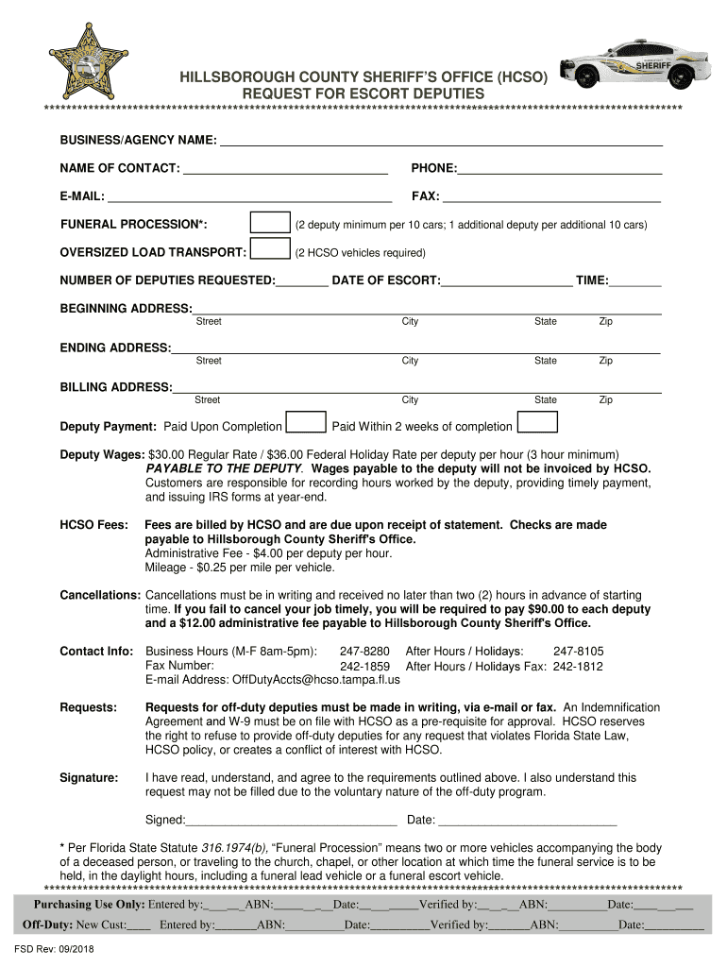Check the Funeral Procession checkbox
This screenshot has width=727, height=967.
270,223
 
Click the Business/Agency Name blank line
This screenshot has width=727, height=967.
440,144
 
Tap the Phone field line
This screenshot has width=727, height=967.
559,171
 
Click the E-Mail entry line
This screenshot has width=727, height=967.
249,199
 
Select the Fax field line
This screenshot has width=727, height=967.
551,199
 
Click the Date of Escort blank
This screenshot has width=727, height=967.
506,282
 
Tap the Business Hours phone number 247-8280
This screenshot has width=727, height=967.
364,652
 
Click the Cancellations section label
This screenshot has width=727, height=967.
100,596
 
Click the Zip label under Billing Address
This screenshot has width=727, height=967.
605,400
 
